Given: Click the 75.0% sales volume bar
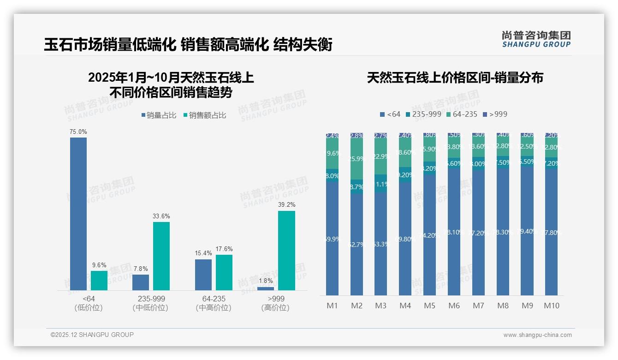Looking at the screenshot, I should point(78,214).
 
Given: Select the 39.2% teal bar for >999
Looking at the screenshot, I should point(286,251).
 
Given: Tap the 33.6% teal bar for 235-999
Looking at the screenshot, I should point(161,256).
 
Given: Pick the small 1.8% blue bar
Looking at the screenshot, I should point(266,288).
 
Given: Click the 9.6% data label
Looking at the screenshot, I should point(99,265).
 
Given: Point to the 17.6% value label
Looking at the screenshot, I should point(224,249).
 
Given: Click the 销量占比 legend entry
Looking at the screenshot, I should point(159,115).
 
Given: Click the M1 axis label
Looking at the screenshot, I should point(333,306).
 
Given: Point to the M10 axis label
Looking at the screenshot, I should point(552,306).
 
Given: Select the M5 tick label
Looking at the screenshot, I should point(429,306).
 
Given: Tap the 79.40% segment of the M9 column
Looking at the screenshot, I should point(527,231).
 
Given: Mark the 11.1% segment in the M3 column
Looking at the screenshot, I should point(381,184).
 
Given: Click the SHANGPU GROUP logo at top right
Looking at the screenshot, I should point(536,39).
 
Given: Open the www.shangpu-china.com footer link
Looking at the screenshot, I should point(537,335).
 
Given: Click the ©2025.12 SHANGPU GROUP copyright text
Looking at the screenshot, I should point(92,335).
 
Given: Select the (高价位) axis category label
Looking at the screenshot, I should point(275,308).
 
